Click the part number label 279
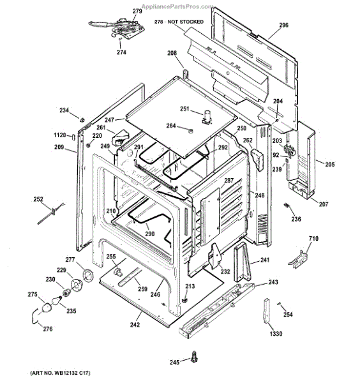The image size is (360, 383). click(x=137, y=11)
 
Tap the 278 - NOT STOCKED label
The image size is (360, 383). click(x=179, y=22)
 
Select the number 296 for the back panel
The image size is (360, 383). click(x=283, y=25)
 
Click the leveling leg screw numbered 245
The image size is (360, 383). click(x=195, y=356)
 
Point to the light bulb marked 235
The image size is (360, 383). click(x=56, y=301)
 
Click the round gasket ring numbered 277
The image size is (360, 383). click(x=87, y=275)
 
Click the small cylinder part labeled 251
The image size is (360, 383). click(x=207, y=117)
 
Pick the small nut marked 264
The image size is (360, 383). click(x=190, y=130)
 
